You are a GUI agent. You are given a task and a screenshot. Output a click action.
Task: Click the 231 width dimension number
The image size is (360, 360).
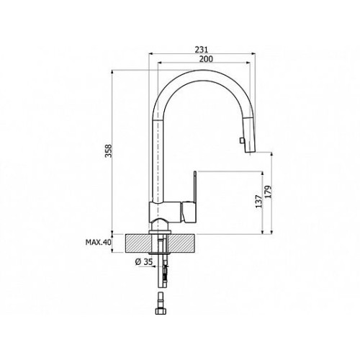(201, 50)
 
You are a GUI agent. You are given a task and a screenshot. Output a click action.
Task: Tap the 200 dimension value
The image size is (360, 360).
(207, 59)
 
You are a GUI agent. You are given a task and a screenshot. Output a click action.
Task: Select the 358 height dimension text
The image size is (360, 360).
(109, 150)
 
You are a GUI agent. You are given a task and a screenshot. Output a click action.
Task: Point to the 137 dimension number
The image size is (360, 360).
(258, 201)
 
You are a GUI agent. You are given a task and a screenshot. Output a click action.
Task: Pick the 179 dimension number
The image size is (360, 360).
(269, 192)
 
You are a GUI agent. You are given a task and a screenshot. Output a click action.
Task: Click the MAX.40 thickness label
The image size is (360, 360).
(99, 242)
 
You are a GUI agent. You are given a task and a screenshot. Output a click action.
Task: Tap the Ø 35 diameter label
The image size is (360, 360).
(144, 262)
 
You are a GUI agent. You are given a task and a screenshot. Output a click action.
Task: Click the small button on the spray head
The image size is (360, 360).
(240, 140)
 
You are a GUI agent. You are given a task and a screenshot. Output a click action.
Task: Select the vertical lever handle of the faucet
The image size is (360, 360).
(195, 186)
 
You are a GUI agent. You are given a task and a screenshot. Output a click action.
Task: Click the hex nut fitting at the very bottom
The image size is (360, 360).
(161, 310)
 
